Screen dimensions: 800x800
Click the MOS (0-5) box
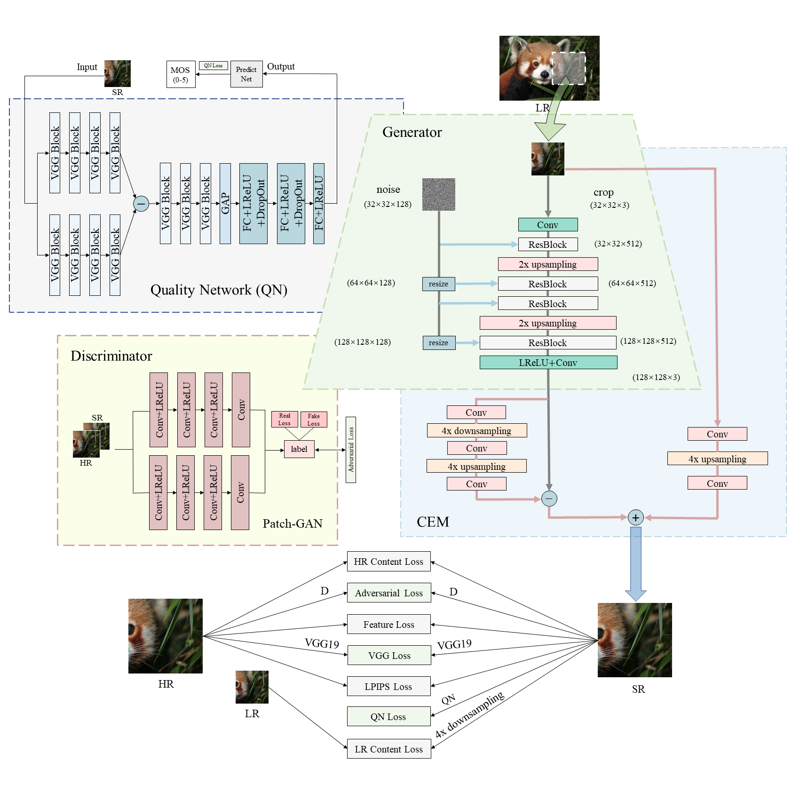(181, 74)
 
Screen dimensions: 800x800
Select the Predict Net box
(246, 74)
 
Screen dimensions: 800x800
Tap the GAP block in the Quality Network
(225, 203)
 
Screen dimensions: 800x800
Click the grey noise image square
(438, 194)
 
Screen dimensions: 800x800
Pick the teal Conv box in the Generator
(548, 225)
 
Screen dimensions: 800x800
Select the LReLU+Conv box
(548, 363)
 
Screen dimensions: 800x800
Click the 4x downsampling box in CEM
(476, 431)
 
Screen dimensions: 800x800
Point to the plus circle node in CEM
(635, 518)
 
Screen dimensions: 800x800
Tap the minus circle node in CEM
(549, 499)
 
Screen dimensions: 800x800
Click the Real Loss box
(285, 419)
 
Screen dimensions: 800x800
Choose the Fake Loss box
(314, 419)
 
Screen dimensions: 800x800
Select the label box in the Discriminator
(299, 449)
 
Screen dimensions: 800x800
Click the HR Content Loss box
(388, 562)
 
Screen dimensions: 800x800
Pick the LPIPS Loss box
(388, 687)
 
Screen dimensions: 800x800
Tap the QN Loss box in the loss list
(388, 717)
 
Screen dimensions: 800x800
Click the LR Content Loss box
(388, 749)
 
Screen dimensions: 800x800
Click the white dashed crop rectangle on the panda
(569, 68)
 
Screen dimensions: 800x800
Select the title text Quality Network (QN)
(219, 290)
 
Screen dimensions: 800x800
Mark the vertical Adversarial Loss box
(351, 450)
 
